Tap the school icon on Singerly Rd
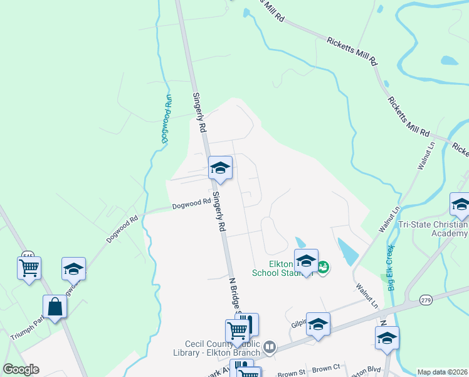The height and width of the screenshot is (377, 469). click(x=220, y=168)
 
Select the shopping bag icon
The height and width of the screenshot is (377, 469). click(x=55, y=307)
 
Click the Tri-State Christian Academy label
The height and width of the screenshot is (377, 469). click(x=440, y=229)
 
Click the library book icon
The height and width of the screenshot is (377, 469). click(x=269, y=346)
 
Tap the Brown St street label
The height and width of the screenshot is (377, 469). click(x=292, y=372)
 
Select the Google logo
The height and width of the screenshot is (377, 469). click(x=21, y=369)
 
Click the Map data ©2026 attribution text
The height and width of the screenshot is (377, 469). click(x=442, y=372)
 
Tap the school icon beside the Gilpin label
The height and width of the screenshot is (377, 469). click(x=318, y=325)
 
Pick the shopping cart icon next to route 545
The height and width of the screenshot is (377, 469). click(x=29, y=268)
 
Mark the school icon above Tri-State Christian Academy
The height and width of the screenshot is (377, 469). click(x=460, y=204)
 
